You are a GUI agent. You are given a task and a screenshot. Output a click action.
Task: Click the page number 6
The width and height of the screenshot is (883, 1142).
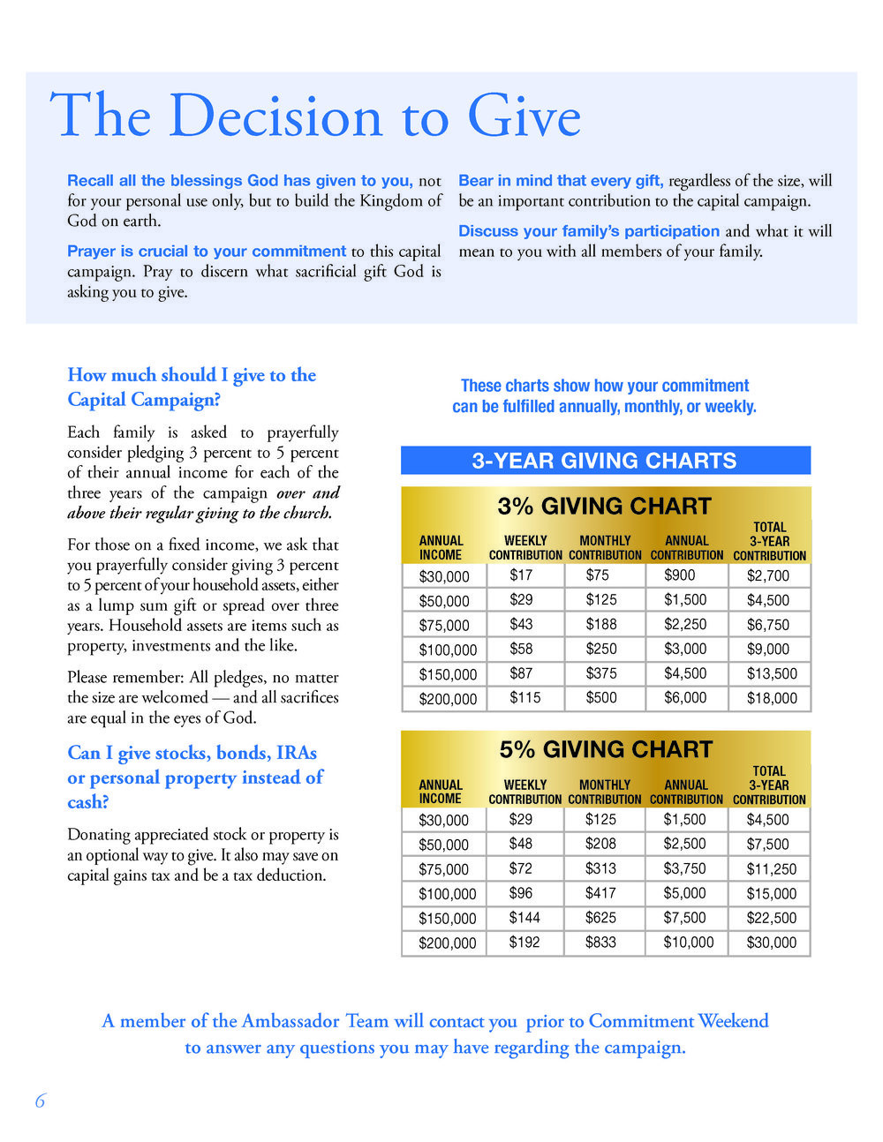coord(40,1101)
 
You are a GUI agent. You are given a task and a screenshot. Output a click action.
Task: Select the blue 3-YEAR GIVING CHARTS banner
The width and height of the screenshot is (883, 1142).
coord(605,461)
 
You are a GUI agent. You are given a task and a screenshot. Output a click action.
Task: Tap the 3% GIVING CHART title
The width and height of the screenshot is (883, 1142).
coord(605,506)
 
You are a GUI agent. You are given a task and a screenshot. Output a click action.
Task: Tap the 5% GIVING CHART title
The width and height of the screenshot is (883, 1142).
coord(606,749)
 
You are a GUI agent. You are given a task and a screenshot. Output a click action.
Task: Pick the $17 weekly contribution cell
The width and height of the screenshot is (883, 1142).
coord(521,575)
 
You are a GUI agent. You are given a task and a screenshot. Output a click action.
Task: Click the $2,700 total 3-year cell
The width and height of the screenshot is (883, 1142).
coord(768,575)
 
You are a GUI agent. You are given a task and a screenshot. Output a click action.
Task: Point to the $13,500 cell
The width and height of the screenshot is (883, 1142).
coord(772,673)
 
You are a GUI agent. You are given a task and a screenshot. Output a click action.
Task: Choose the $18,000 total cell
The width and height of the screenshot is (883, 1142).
coord(772,698)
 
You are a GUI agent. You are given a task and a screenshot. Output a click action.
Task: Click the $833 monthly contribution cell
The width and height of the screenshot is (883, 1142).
coord(600,943)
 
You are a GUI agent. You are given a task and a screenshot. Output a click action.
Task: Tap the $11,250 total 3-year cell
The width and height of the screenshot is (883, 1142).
coord(771,869)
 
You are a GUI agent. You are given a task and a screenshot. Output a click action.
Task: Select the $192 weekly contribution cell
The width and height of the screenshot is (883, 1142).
coord(525,943)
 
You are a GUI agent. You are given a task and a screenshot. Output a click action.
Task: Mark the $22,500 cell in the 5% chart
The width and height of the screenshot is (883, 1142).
coord(771,918)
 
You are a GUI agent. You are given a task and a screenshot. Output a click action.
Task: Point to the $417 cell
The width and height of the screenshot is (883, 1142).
coord(600,893)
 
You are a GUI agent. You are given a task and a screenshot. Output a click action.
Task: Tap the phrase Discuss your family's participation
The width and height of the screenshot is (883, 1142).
coord(589,231)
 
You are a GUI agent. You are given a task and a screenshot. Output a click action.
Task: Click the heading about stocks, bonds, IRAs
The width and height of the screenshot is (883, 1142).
coord(195,777)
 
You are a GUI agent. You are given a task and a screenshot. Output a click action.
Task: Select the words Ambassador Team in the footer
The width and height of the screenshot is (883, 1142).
coord(315,1021)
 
